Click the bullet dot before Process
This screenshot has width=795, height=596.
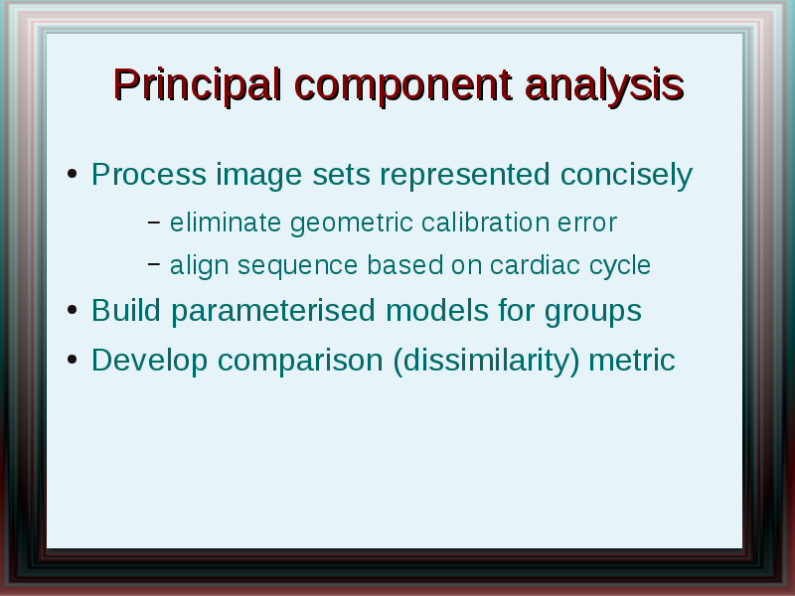click(72, 174)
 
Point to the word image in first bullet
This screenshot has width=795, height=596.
click(259, 176)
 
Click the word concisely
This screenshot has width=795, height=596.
click(626, 176)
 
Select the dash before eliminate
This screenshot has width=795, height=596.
click(154, 222)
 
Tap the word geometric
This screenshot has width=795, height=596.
click(352, 223)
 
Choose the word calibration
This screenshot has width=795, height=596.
click(485, 222)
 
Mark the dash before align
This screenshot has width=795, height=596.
click(154, 263)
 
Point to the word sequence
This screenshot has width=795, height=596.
click(297, 266)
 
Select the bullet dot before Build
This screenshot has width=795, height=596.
click(72, 310)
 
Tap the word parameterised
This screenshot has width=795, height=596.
click(273, 311)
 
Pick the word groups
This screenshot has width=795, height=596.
click(592, 312)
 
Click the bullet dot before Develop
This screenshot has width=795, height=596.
click(72, 360)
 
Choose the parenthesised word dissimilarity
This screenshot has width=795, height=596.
click(486, 362)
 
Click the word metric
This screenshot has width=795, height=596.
click(632, 361)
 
